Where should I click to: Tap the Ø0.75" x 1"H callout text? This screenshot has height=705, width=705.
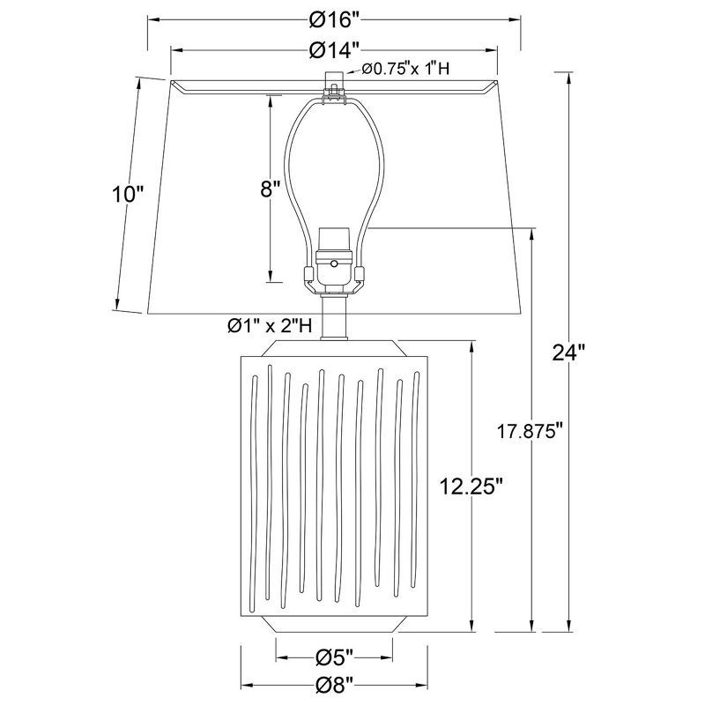click(x=402, y=71)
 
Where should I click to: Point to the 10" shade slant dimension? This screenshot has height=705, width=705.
click(x=126, y=195)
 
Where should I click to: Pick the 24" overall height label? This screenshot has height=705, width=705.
click(x=568, y=352)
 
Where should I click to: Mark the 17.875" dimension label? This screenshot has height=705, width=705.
click(x=529, y=433)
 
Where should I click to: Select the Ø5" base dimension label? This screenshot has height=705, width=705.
click(x=334, y=657)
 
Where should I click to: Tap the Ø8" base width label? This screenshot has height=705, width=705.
click(x=334, y=684)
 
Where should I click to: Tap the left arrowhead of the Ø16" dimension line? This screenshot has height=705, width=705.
click(x=150, y=19)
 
